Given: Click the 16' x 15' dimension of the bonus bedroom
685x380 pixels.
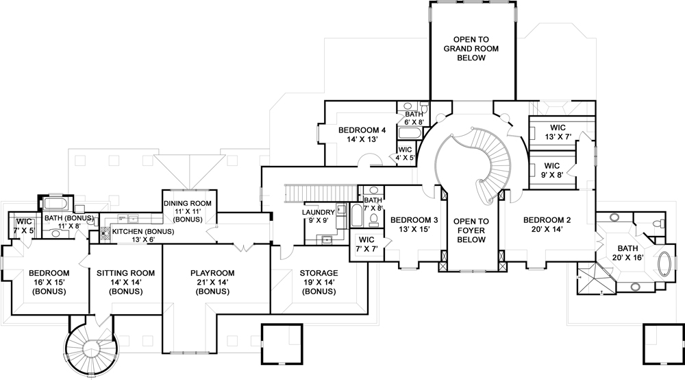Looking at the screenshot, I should pos(47,282).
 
